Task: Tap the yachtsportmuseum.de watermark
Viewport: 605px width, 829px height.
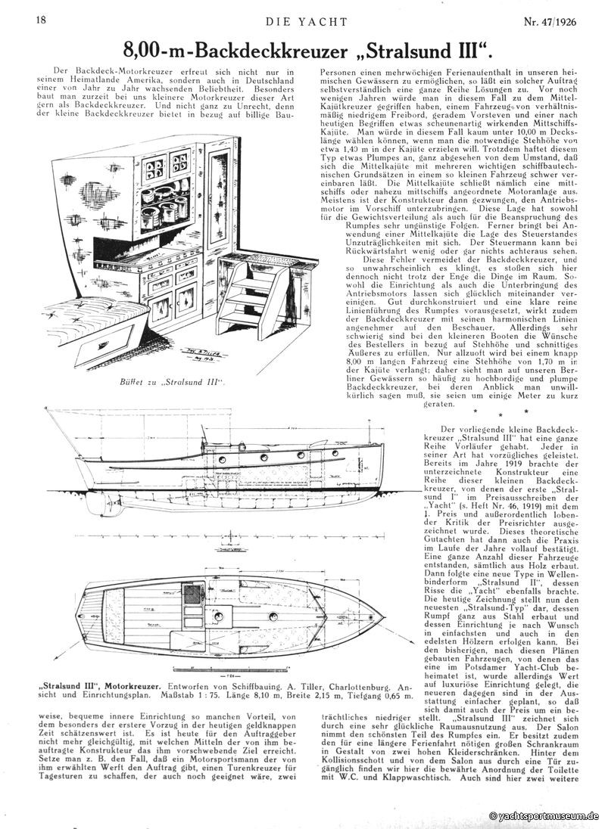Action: [544, 817]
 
